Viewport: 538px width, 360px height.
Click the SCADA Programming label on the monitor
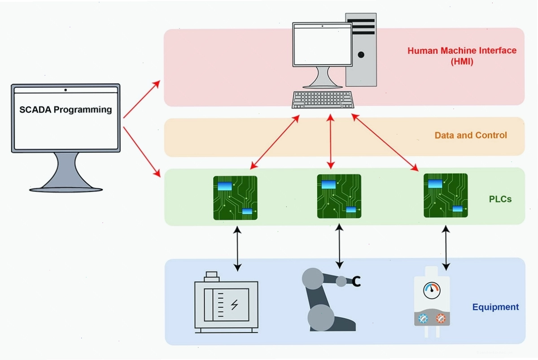click(x=66, y=109)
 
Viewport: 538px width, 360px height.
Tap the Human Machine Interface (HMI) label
click(x=462, y=56)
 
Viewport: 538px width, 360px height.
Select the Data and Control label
click(x=471, y=135)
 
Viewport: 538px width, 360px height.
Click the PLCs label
click(x=500, y=199)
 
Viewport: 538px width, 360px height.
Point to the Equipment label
click(x=495, y=307)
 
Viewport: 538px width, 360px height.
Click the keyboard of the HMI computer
click(x=323, y=100)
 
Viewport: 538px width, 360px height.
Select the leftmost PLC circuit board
click(x=235, y=198)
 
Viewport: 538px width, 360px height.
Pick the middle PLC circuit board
click(x=339, y=196)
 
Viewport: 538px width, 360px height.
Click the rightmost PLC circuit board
click(x=446, y=195)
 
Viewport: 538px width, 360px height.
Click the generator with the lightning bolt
click(x=226, y=303)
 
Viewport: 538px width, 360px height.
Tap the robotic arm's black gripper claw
click(x=356, y=282)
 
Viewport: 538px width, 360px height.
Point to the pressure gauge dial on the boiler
click(x=431, y=291)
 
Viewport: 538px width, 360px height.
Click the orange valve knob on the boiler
click(x=441, y=319)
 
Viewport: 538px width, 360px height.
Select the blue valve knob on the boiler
click(x=423, y=319)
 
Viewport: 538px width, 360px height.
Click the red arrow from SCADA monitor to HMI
click(x=142, y=99)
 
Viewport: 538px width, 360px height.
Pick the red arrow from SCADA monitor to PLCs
click(x=142, y=152)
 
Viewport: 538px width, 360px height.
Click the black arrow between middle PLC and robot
click(x=339, y=246)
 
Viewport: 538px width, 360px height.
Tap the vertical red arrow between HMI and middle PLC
click(x=330, y=142)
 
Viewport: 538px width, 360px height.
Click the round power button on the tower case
click(x=361, y=55)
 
